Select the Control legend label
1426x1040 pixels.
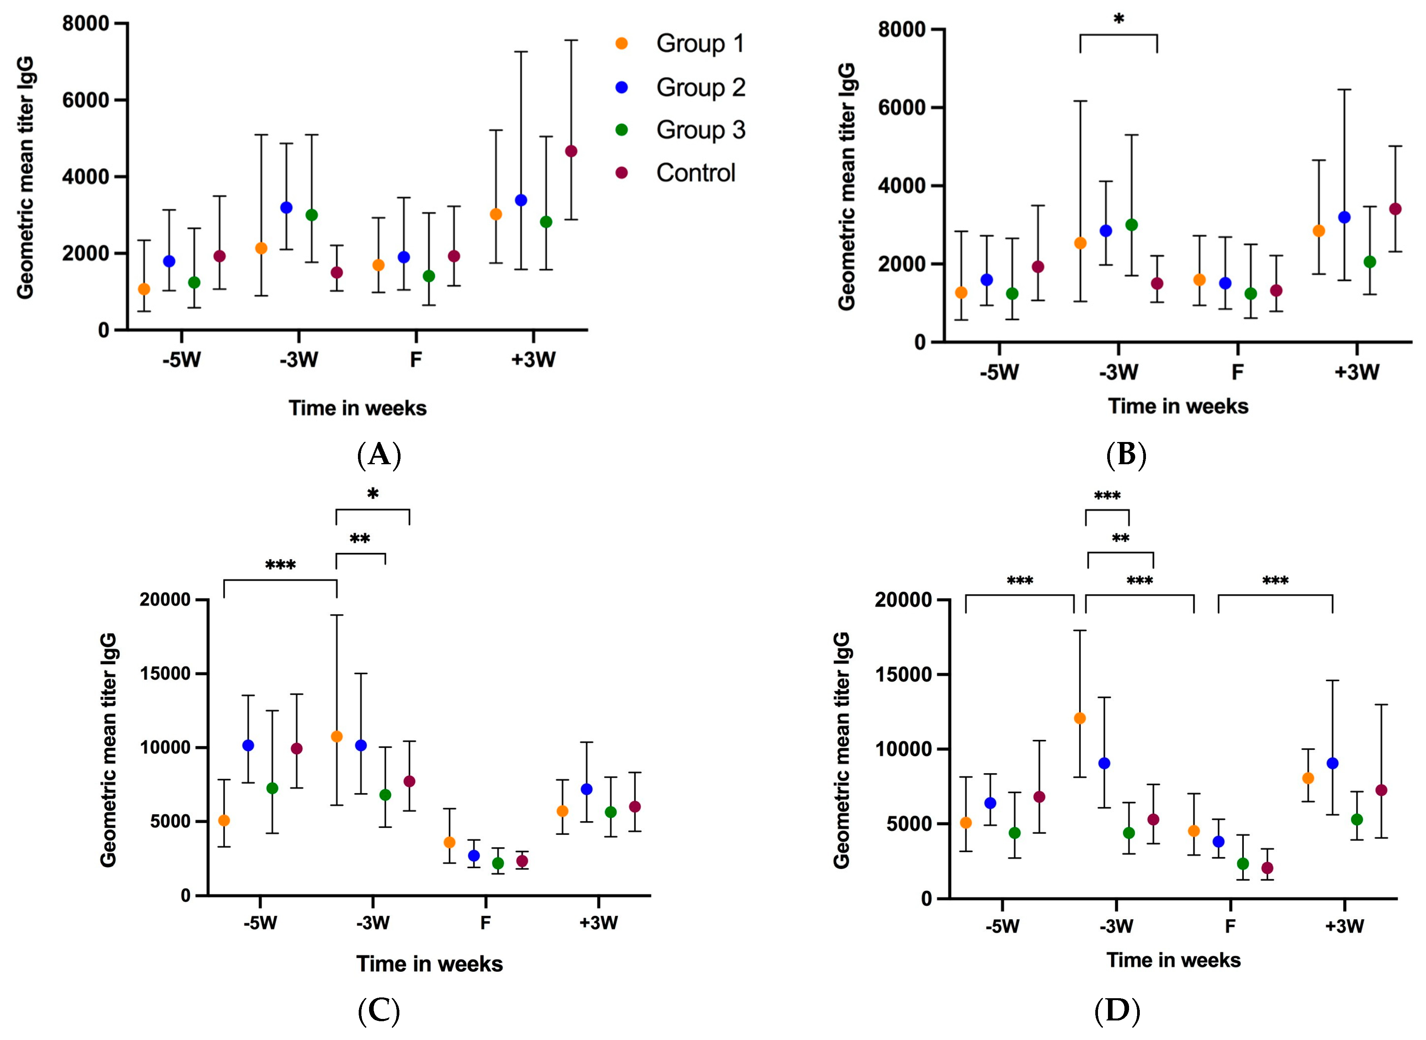(696, 173)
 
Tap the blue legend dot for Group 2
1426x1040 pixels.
(621, 87)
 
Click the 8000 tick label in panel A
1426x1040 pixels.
(85, 24)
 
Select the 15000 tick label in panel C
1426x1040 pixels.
(165, 674)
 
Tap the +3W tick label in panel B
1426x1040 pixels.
(1356, 372)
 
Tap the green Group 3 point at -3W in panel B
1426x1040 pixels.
(1131, 225)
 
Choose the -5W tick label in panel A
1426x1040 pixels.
(181, 360)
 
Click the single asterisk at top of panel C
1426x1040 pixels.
(373, 494)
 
